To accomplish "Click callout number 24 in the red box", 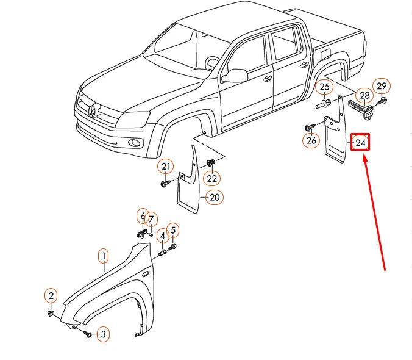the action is (x=360, y=142).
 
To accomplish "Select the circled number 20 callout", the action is (x=215, y=197).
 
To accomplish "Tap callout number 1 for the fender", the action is (x=104, y=256).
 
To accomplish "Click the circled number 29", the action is (x=382, y=86).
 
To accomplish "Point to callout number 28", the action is (x=364, y=95).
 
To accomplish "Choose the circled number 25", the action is (x=324, y=87).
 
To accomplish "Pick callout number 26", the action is (x=311, y=140).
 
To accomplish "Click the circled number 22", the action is (x=211, y=178).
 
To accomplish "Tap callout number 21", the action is (x=166, y=167).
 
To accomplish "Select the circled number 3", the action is (x=103, y=334).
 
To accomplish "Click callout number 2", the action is (x=51, y=295).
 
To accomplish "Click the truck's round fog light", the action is (x=135, y=143).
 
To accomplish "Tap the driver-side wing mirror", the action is (x=235, y=76).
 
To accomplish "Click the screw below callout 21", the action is (x=165, y=183).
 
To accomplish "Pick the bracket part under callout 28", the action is (x=361, y=109).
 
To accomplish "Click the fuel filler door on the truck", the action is (x=326, y=53).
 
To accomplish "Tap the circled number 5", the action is (x=173, y=230).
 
